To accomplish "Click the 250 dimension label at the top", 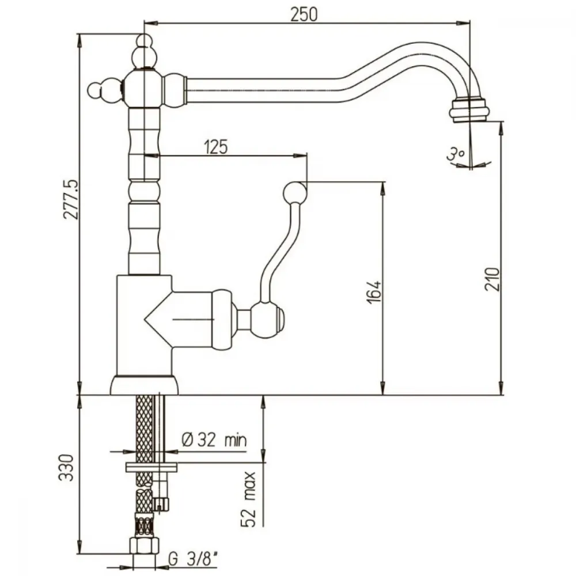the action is pos(304,14).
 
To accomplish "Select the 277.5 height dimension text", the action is pos(71,199).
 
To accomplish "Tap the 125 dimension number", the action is pos(216,147).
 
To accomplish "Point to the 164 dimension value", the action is pos(374,293).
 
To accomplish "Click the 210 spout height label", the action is pos(492,279).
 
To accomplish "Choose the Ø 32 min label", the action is pos(214,439).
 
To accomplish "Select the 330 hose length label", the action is pos(66,468).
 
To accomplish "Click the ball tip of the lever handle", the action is pos(294,192).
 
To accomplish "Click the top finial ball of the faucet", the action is pos(145,40).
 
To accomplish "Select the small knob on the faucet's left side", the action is pos(96,90).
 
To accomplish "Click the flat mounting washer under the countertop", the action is pos(151,467).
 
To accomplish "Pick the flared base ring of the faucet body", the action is pos(144,385).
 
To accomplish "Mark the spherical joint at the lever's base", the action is pos(266,319).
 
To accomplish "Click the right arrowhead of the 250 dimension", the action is pos(464,23).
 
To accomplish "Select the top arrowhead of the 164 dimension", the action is pos(383,188).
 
